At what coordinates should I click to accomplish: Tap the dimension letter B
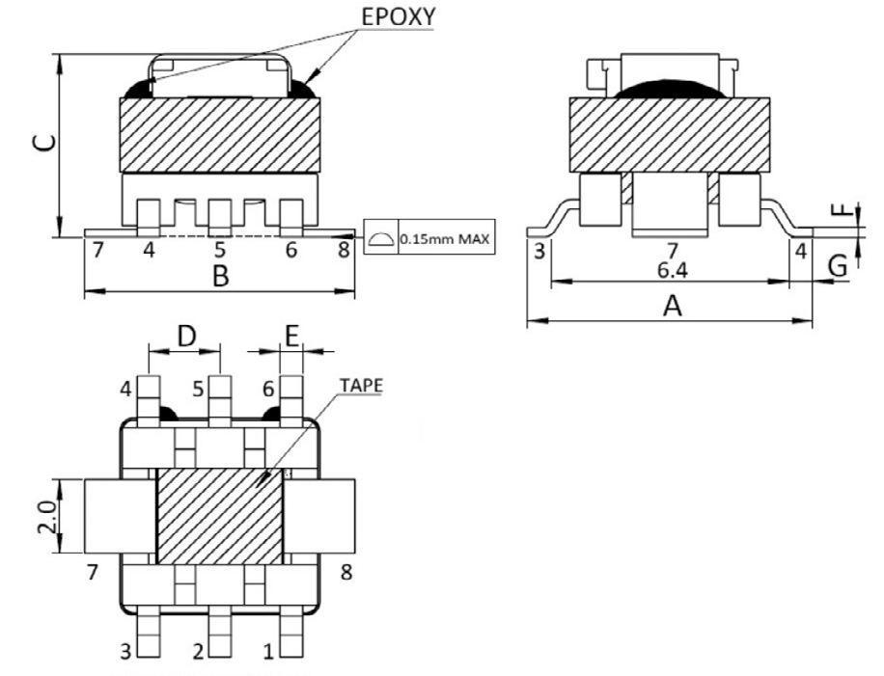pyautogui.click(x=220, y=278)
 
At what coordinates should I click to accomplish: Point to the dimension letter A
pyautogui.click(x=674, y=307)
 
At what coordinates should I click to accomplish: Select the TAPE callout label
pyautogui.click(x=361, y=385)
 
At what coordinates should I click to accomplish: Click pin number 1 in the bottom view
pyautogui.click(x=269, y=653)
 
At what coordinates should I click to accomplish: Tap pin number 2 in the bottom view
pyautogui.click(x=198, y=653)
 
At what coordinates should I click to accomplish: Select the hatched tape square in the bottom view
pyautogui.click(x=219, y=516)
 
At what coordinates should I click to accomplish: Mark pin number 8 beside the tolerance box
pyautogui.click(x=343, y=251)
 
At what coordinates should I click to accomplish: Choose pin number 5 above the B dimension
pyautogui.click(x=220, y=251)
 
